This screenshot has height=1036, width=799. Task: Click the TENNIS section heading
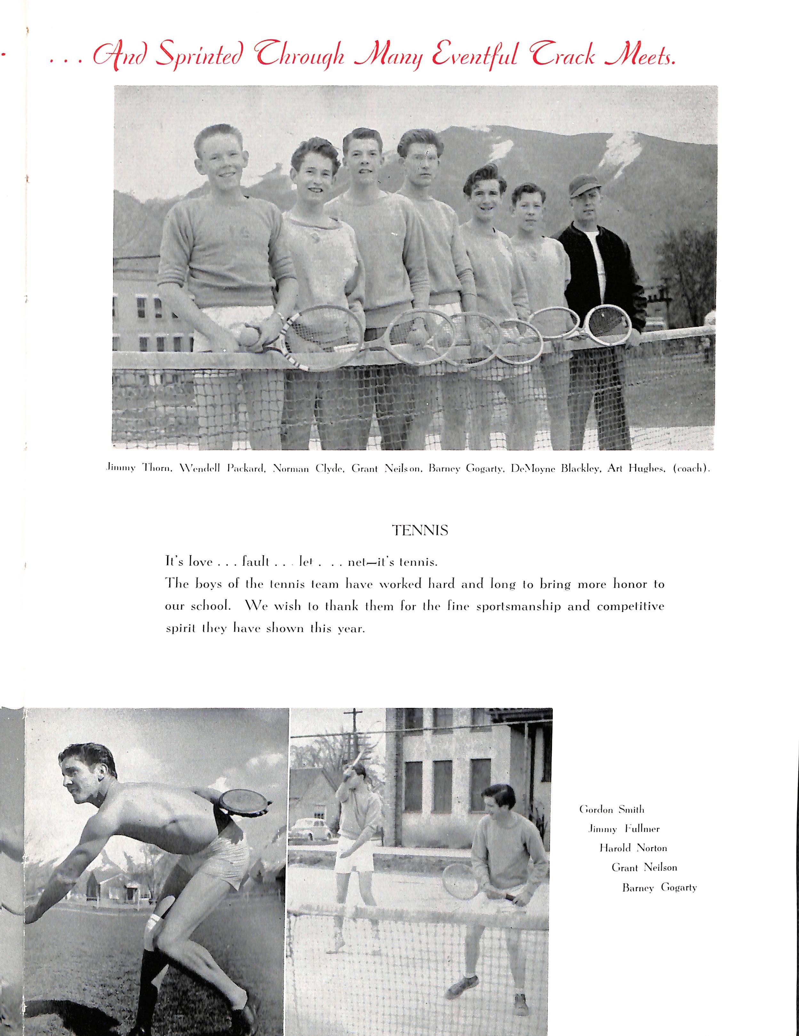pos(420,530)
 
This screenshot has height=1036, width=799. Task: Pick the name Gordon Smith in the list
pos(611,810)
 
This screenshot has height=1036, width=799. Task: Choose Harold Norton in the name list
pos(633,848)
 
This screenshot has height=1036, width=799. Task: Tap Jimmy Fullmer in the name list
pos(624,829)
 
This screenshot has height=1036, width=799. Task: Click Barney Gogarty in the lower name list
pos(659,887)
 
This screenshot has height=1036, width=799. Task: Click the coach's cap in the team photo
pos(583,184)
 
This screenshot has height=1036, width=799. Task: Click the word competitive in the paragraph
pos(630,607)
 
